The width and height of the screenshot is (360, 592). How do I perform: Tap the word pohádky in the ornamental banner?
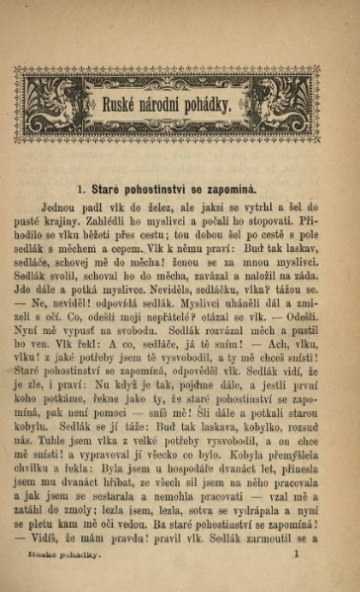[x=208, y=105]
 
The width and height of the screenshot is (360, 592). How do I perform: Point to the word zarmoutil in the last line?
[x=268, y=539]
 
